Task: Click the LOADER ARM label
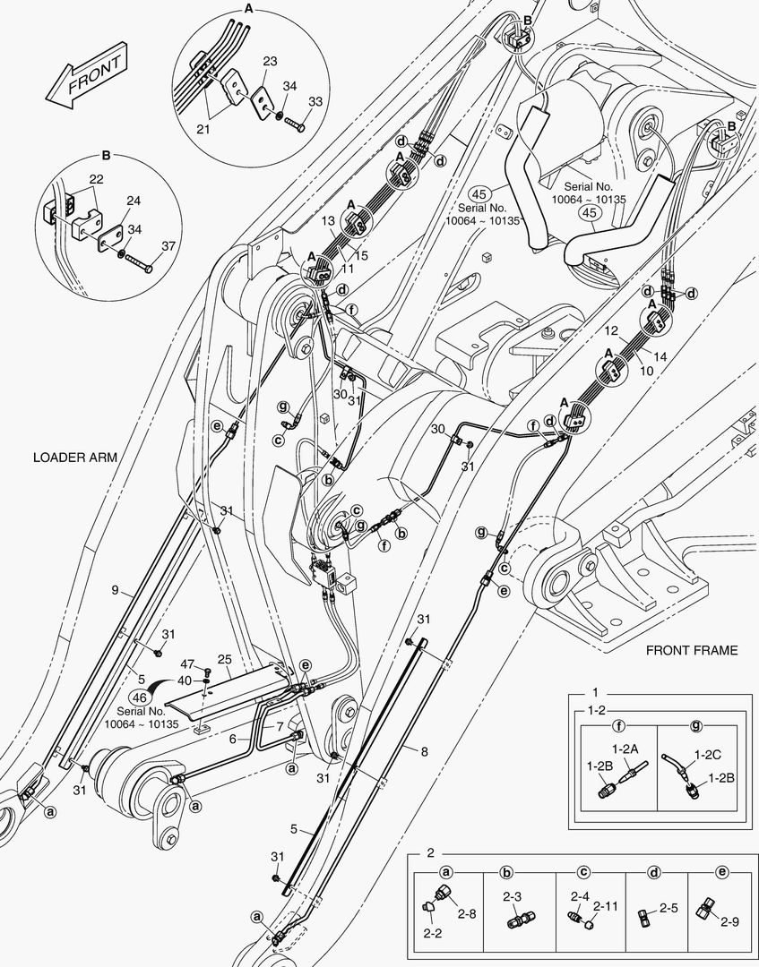75,458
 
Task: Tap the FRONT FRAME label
692,650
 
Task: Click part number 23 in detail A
270,63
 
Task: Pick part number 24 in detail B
133,200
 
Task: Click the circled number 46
139,698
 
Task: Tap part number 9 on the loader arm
115,589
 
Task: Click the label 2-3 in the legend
512,896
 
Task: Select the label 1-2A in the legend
624,749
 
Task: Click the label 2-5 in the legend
668,908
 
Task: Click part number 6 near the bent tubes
232,739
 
